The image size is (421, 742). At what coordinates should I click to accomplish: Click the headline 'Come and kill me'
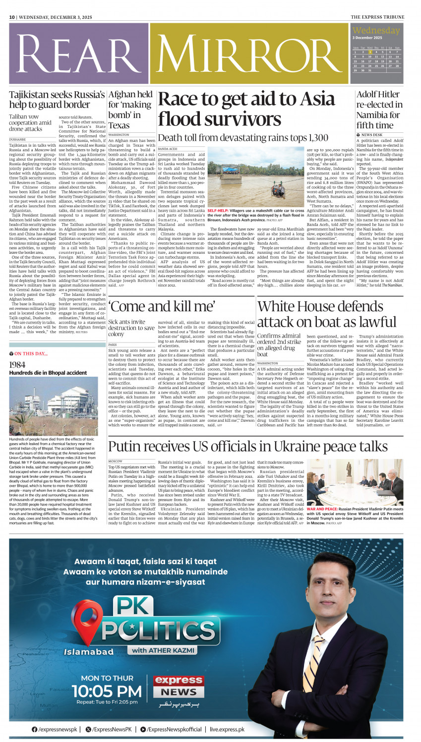tap(162, 306)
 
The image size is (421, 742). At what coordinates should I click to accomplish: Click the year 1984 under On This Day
tap(17, 365)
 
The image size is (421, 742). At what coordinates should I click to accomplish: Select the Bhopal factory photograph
tap(54, 405)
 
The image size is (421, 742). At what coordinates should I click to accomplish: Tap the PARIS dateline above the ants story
tap(113, 344)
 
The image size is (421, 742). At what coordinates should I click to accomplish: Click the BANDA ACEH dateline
tap(167, 149)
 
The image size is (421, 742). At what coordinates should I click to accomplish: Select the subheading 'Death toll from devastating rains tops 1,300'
tap(243, 138)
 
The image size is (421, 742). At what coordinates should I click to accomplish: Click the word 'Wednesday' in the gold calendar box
tap(376, 31)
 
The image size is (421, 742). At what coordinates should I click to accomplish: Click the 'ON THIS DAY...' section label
tap(31, 353)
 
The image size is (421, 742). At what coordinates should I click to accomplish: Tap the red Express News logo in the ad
tap(178, 686)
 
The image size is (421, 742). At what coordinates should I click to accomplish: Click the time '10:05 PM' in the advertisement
tap(107, 691)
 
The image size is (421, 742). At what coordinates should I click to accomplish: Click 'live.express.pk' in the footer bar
tap(227, 729)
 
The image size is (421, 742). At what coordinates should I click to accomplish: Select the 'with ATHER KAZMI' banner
tap(163, 650)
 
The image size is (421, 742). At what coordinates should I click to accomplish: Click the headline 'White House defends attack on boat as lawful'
tap(327, 314)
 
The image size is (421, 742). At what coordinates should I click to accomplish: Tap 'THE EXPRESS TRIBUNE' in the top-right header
tap(377, 17)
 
